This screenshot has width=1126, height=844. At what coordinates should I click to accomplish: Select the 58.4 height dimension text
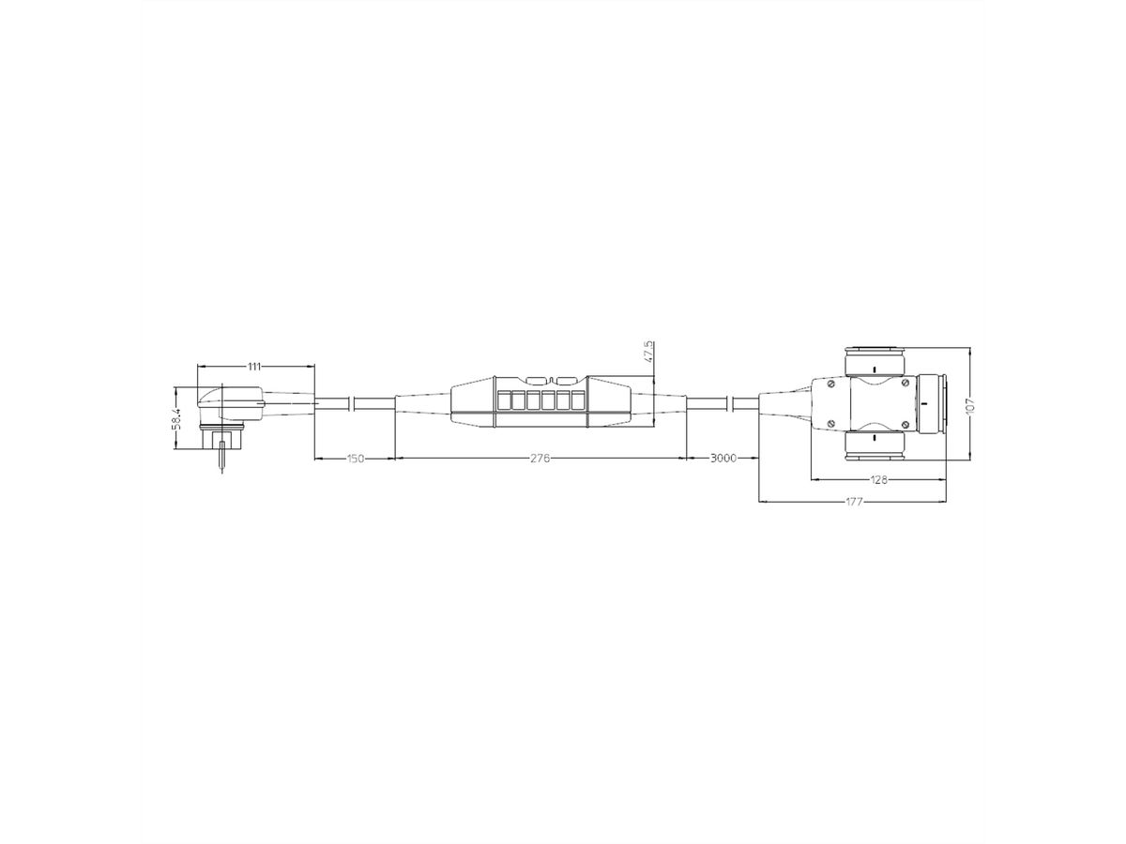pyautogui.click(x=176, y=419)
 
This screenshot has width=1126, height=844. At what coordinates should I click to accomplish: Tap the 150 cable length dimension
pyautogui.click(x=355, y=459)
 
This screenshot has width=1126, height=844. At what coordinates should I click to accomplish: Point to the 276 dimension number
pyautogui.click(x=540, y=459)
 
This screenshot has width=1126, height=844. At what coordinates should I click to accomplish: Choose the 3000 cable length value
pyautogui.click(x=722, y=459)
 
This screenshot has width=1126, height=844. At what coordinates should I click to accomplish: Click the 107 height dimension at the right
pyautogui.click(x=970, y=404)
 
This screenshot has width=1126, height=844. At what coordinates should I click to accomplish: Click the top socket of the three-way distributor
pyautogui.click(x=873, y=361)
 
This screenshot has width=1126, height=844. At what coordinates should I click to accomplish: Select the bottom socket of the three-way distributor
pyautogui.click(x=873, y=447)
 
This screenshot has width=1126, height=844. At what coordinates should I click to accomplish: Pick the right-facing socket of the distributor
pyautogui.click(x=932, y=403)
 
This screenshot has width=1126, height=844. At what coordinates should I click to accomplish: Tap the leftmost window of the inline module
pyautogui.click(x=504, y=402)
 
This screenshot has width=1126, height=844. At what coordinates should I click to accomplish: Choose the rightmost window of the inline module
pyautogui.click(x=576, y=402)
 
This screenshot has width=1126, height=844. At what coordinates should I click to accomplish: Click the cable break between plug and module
pyautogui.click(x=351, y=403)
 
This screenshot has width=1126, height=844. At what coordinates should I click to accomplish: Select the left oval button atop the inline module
pyautogui.click(x=536, y=380)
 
